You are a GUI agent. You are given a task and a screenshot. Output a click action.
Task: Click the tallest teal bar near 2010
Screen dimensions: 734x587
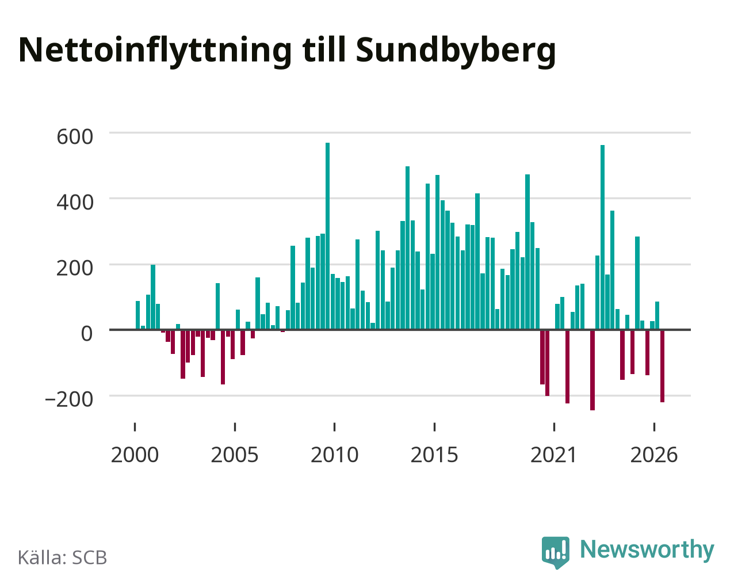point(327,236)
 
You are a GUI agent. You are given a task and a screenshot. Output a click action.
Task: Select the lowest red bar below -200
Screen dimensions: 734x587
point(592,370)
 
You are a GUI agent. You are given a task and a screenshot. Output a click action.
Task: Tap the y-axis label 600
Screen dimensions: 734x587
point(75,137)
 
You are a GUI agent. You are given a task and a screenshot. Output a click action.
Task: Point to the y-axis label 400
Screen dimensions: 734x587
point(75,203)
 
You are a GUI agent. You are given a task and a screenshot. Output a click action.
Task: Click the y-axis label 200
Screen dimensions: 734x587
point(75,268)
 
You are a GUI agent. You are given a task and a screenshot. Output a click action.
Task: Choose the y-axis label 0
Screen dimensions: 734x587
point(87,334)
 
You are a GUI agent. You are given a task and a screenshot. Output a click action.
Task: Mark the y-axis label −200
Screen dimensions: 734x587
point(69,399)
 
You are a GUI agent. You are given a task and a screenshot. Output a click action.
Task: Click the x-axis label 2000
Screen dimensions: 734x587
point(135,455)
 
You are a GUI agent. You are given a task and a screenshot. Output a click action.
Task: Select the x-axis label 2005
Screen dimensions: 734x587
point(235,455)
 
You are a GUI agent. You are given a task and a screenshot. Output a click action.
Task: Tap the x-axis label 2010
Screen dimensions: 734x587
point(335,455)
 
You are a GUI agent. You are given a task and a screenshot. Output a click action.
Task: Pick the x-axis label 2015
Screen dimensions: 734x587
point(434,455)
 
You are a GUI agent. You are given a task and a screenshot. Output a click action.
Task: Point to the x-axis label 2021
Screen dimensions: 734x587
point(553,455)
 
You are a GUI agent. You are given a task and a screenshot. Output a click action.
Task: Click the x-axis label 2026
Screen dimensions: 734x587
point(654,455)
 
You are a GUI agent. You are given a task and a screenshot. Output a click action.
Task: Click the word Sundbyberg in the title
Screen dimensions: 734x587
point(456,51)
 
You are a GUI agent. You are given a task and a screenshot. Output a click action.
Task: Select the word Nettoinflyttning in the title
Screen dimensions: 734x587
point(155,51)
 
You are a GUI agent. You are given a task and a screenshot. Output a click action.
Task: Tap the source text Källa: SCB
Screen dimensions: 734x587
point(63,558)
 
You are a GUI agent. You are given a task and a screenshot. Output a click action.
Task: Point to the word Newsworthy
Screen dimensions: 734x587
point(647,550)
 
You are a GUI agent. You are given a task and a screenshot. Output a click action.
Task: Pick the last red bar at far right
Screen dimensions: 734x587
point(662,366)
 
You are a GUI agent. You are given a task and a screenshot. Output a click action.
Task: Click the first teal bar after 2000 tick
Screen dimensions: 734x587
point(138,315)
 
